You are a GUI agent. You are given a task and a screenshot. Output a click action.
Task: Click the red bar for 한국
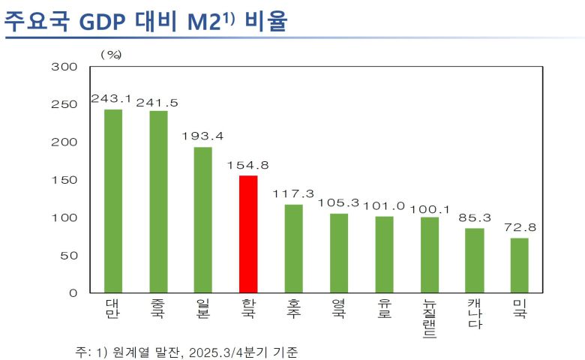click(248, 234)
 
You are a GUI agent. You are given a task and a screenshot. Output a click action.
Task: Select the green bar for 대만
click(112, 201)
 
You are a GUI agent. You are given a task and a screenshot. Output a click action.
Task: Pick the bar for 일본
click(203, 220)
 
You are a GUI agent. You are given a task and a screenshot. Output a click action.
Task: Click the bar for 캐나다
click(474, 260)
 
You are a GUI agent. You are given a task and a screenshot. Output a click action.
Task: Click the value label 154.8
click(248, 165)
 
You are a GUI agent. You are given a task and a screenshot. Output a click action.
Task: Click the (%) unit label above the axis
click(111, 54)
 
